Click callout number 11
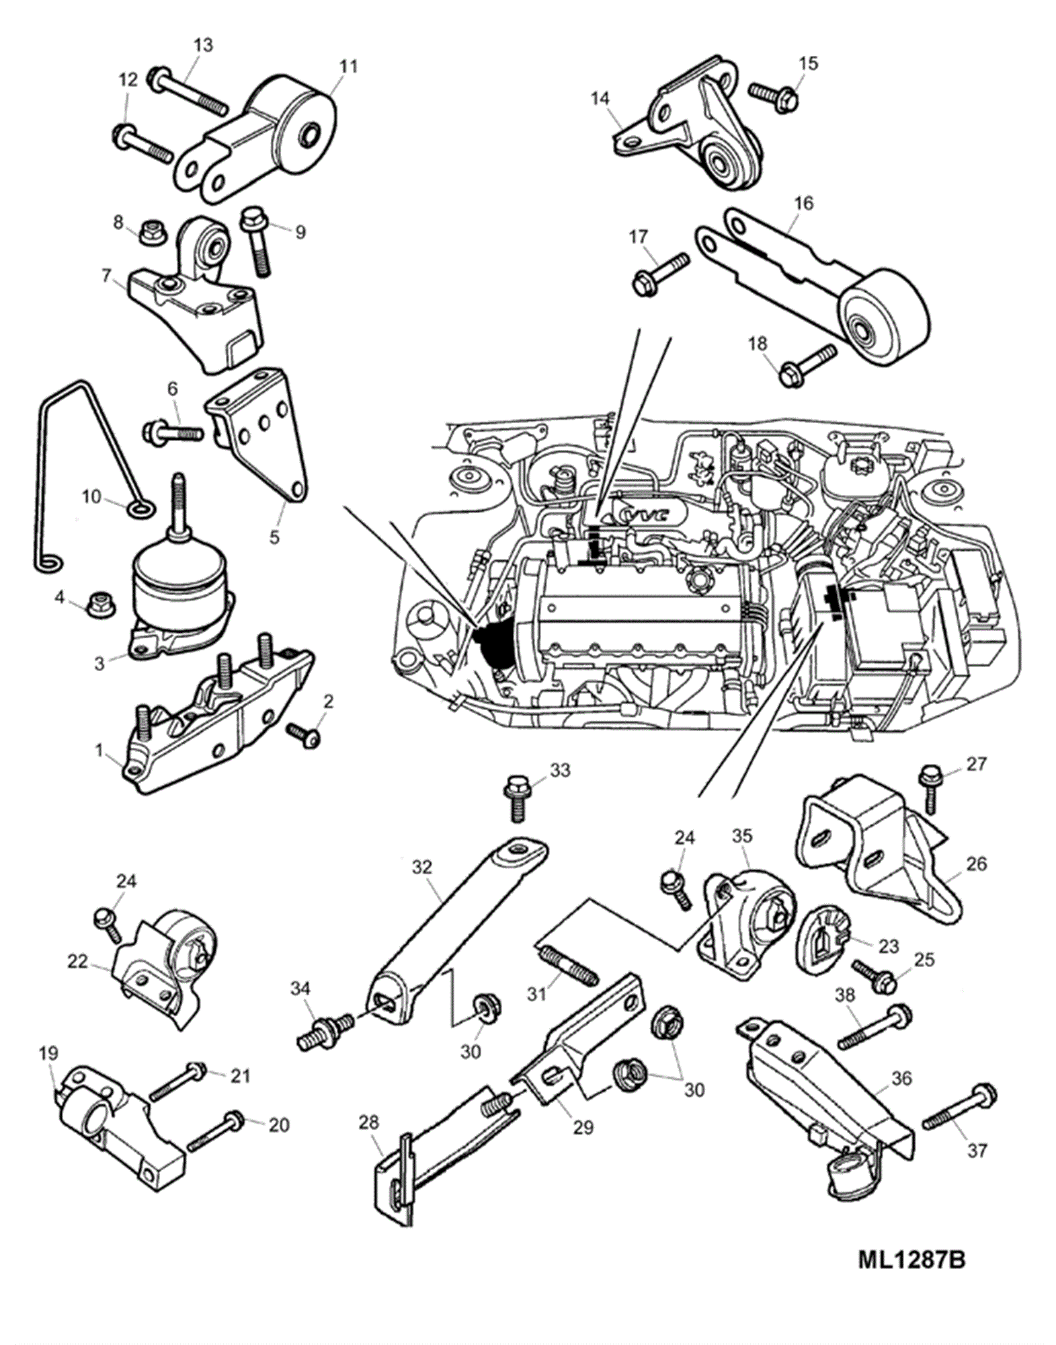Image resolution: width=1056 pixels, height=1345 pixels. pyautogui.click(x=348, y=67)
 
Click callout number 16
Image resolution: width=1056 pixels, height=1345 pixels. pyautogui.click(x=803, y=202)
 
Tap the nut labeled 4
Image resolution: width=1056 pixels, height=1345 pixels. pyautogui.click(x=99, y=600)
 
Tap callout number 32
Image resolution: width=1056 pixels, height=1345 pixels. pyautogui.click(x=421, y=867)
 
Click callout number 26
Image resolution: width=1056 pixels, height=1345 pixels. pyautogui.click(x=975, y=863)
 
